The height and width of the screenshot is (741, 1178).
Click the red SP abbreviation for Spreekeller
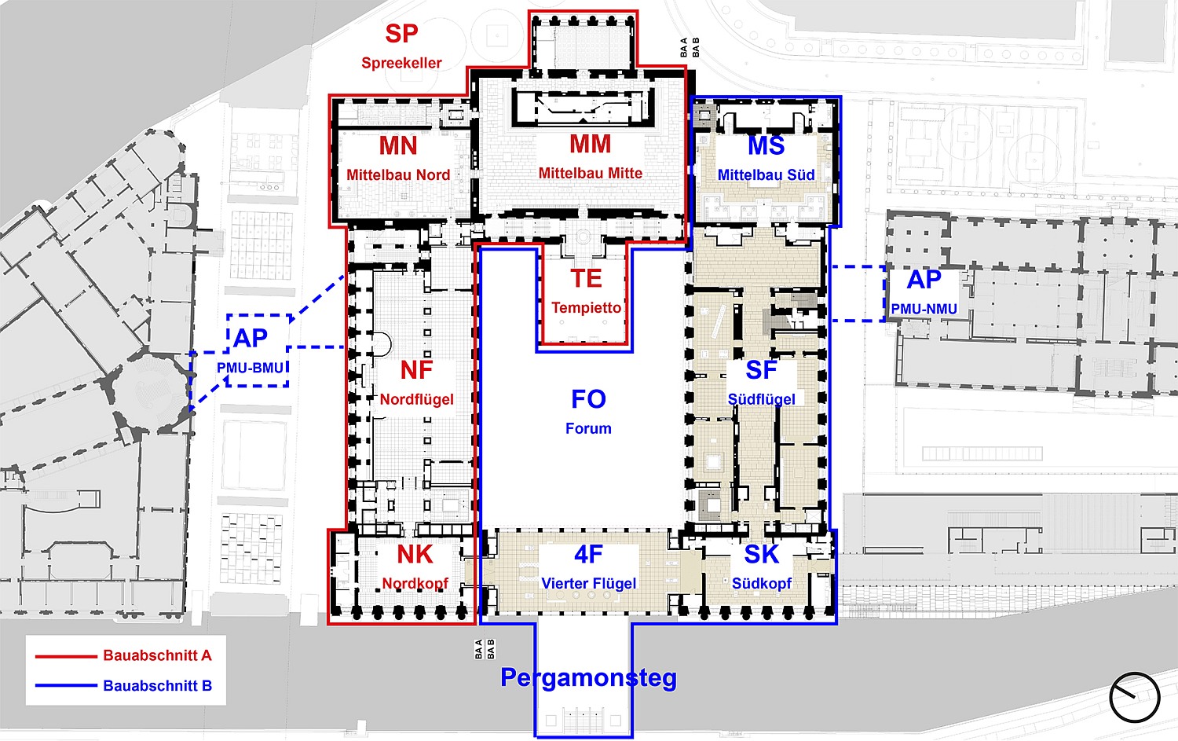[x=401, y=34]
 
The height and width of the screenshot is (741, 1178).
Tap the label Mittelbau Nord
[x=398, y=174]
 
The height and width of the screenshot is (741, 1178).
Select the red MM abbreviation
[x=590, y=145]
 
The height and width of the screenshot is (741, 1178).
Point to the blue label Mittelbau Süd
[x=766, y=174]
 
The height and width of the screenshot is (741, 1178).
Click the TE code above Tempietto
[x=586, y=278]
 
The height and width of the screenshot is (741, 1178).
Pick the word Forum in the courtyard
[x=588, y=428]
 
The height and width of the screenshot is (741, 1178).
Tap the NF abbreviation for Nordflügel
[x=416, y=371]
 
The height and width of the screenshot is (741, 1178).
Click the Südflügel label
[x=762, y=399]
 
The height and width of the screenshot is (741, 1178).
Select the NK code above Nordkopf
[x=415, y=555]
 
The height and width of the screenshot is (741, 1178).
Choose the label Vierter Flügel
[x=588, y=583]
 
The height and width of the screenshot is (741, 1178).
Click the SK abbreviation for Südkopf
[x=762, y=555]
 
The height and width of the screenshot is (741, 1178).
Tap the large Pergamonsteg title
[x=588, y=678]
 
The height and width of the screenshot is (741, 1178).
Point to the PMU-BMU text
[x=251, y=367]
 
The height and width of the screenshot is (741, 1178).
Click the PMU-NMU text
[x=924, y=309]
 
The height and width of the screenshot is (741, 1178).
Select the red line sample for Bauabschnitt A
[x=66, y=656]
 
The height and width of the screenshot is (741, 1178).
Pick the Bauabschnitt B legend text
[x=157, y=686]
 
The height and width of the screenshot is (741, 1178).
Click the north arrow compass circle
[x=1134, y=697]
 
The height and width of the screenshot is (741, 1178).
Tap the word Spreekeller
[x=401, y=63]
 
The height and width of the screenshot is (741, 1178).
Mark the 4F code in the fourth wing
[x=588, y=555]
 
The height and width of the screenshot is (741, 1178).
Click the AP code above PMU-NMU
[x=924, y=280]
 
